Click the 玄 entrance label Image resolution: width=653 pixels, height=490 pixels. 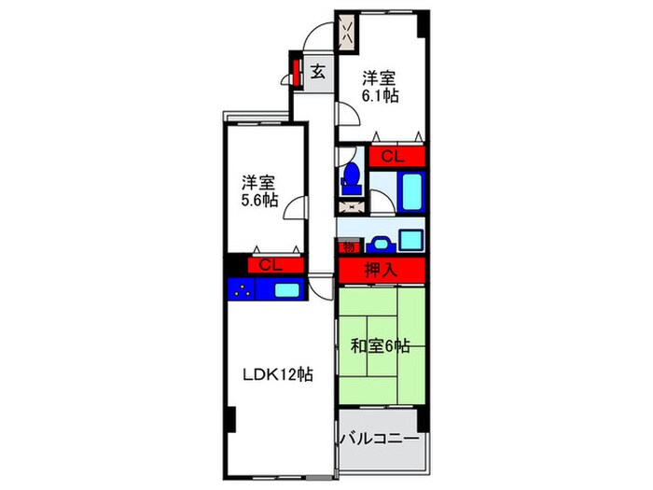pyautogui.click(x=318, y=71)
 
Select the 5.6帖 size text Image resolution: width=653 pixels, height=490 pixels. pyautogui.click(x=258, y=200)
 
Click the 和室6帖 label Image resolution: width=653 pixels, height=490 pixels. pyautogui.click(x=381, y=346)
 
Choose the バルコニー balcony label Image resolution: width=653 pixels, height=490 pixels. pyautogui.click(x=380, y=437)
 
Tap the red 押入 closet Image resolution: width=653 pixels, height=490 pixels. pyautogui.click(x=382, y=270)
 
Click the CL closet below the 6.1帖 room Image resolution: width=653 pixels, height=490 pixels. pyautogui.click(x=396, y=157)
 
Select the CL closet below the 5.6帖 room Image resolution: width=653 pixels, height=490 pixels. pyautogui.click(x=270, y=266)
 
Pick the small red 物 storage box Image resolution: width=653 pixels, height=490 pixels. pyautogui.click(x=348, y=246)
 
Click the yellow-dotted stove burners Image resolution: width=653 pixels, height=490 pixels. pyautogui.click(x=243, y=289)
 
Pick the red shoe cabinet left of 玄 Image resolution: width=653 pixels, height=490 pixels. pyautogui.click(x=296, y=71)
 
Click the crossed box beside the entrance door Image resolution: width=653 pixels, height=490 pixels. pyautogui.click(x=347, y=33)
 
